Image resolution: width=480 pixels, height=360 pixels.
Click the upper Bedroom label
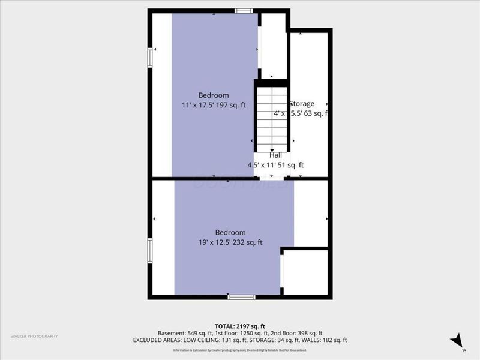coord(214,95)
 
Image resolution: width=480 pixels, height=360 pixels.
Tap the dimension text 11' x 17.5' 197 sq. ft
coord(214,105)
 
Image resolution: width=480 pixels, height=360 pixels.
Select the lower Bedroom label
coord(231,233)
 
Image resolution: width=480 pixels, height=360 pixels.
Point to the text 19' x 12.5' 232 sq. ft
coord(231,242)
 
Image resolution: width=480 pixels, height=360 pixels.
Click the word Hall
coord(275,155)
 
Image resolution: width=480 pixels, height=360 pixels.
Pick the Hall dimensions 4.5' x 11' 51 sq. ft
coord(275,165)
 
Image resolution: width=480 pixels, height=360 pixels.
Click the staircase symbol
coord(272,118)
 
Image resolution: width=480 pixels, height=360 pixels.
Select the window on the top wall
coord(243,10)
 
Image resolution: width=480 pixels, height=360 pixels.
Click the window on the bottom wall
coord(241,296)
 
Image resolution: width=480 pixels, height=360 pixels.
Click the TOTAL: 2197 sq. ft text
coord(240,325)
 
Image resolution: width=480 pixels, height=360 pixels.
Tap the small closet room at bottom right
coord(305,272)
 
